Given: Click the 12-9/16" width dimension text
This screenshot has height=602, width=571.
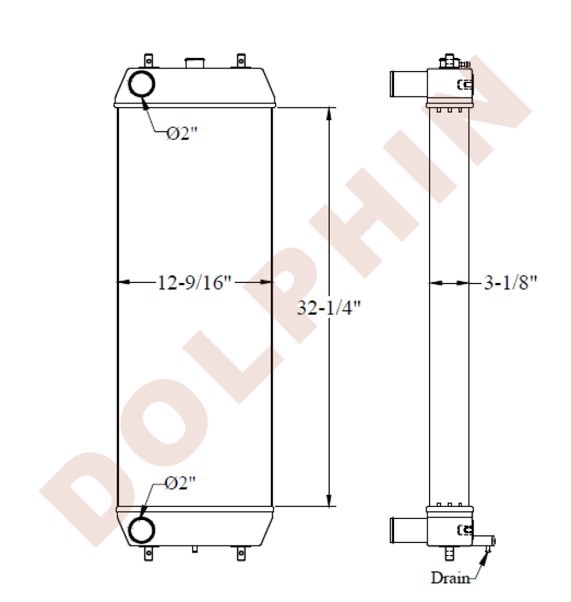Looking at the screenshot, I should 194,282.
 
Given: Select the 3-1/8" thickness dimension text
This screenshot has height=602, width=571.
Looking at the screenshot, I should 510,282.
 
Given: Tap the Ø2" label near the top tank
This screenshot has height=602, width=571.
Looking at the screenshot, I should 182,134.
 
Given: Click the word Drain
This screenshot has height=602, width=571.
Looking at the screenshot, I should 449,579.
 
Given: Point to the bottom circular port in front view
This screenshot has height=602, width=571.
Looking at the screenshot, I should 143,530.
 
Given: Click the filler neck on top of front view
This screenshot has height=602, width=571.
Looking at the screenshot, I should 194,62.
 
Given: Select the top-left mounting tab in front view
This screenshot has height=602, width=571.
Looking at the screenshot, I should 149,60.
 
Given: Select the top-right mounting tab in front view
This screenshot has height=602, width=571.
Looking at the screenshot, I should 241,60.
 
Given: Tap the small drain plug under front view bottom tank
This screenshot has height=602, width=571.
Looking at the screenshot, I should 194,549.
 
